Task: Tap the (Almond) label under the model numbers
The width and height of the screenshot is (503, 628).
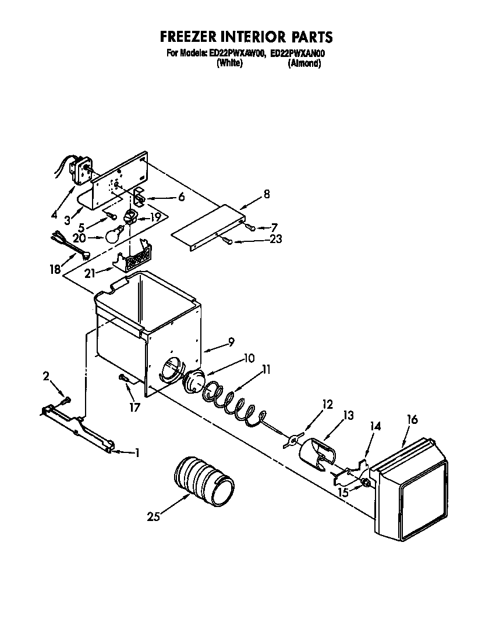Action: [304, 63]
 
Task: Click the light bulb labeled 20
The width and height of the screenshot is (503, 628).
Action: [114, 235]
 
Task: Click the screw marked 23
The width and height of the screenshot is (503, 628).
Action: [231, 241]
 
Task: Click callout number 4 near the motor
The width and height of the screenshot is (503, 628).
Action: [54, 214]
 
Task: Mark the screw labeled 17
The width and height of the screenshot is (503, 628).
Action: [125, 379]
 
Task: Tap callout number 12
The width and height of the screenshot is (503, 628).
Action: [327, 404]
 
